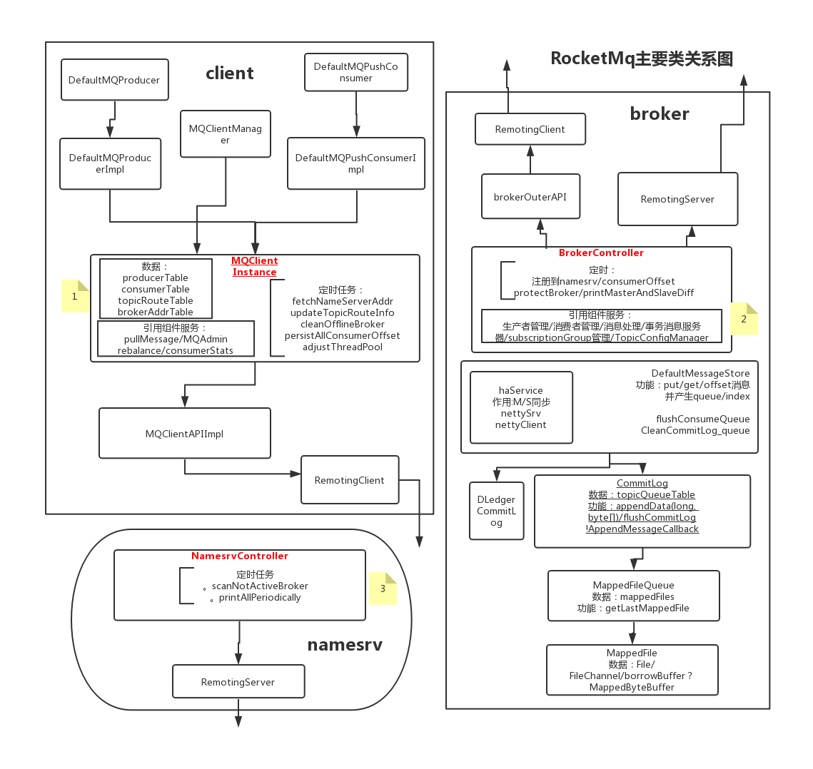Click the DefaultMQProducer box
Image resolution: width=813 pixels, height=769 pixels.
tap(114, 80)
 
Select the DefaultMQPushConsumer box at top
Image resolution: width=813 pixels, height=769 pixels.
tap(355, 72)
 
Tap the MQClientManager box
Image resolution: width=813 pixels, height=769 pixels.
tap(225, 134)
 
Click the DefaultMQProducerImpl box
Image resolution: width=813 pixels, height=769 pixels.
tap(110, 163)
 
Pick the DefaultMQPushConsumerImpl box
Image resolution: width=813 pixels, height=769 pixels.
tap(355, 163)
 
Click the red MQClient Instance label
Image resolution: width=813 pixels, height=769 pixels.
tap(255, 266)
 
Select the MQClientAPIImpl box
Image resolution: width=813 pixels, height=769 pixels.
tap(184, 433)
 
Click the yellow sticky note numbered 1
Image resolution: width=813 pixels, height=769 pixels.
tap(75, 296)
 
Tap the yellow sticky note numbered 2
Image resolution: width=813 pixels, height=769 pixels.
tap(744, 319)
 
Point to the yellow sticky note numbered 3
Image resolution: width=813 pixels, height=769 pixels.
tap(383, 589)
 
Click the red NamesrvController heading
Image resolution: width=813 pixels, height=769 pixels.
tap(240, 556)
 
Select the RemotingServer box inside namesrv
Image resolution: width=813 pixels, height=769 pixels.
tap(238, 681)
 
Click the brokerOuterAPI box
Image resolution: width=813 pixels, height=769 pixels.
tap(530, 197)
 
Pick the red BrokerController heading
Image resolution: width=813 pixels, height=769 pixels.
tap(601, 253)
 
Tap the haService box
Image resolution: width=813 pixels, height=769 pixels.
tap(521, 407)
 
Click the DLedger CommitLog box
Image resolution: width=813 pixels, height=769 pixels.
tap(496, 511)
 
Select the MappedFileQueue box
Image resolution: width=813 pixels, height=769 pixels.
tap(633, 596)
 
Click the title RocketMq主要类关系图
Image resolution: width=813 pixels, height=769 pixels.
tap(641, 58)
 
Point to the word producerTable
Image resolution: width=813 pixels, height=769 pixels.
tap(156, 277)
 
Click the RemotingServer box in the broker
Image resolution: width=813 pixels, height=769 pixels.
tap(677, 199)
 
